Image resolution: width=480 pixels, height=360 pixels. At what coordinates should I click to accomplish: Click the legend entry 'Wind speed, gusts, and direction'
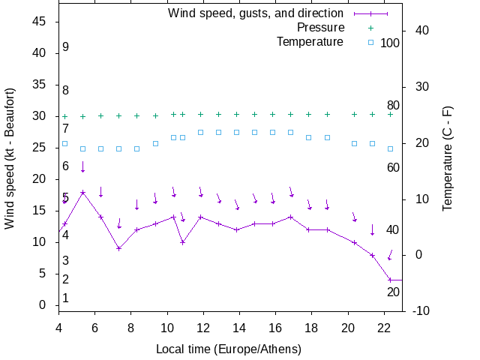click(x=255, y=13)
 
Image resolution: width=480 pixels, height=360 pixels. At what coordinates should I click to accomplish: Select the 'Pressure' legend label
click(x=320, y=28)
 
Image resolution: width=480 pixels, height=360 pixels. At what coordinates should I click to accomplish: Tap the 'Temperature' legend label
click(x=310, y=41)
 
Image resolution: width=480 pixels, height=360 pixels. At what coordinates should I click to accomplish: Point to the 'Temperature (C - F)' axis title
click(x=448, y=158)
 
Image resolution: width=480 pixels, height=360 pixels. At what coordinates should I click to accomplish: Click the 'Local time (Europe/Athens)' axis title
click(x=229, y=349)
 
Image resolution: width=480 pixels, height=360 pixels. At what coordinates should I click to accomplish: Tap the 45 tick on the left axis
click(x=40, y=22)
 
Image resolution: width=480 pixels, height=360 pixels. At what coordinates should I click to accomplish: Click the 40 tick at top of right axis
click(x=421, y=31)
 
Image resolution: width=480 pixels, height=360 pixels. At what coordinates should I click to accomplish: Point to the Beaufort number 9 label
click(x=66, y=47)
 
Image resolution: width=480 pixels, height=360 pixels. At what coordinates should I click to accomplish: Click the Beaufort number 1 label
click(x=66, y=298)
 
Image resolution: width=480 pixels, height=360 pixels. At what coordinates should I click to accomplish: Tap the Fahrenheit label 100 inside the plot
click(x=390, y=43)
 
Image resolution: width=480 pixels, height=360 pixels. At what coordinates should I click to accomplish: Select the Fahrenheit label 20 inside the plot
click(x=393, y=292)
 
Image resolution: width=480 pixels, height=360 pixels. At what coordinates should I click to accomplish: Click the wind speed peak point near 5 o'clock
click(x=82, y=192)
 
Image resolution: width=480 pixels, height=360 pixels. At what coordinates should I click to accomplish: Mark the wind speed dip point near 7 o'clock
click(x=118, y=248)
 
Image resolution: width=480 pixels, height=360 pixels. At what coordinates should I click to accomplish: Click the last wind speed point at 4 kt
click(x=390, y=280)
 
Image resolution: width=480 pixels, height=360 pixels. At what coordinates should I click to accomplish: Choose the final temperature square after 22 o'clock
click(x=390, y=148)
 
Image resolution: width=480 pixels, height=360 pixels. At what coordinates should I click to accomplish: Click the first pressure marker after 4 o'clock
click(x=64, y=116)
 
